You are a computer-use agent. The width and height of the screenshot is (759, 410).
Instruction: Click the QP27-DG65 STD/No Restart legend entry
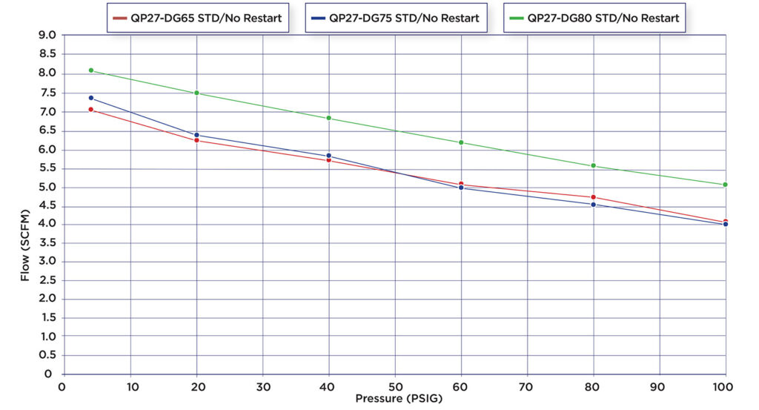pos(196,18)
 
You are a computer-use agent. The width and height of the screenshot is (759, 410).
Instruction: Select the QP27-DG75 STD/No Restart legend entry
pos(395,18)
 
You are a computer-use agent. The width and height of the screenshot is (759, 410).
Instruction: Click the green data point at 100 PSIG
pos(725,185)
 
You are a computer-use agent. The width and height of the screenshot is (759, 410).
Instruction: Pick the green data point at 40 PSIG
pos(328,118)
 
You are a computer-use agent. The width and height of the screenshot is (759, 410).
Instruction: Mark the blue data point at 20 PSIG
pos(196,135)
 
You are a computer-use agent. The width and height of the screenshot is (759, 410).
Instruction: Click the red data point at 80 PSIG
pos(593,197)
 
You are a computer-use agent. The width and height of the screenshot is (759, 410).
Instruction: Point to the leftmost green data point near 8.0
pos(90,70)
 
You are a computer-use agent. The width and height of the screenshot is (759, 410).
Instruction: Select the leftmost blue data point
pos(90,98)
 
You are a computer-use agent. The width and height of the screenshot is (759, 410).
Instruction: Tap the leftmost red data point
pos(90,110)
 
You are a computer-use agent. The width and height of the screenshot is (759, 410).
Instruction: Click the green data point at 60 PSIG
pos(461,142)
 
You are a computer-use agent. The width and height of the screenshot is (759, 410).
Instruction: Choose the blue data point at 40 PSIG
pos(328,156)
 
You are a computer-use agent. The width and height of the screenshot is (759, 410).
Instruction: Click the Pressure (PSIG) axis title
pos(394,399)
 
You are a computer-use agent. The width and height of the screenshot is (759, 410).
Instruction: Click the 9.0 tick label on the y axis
pos(47,35)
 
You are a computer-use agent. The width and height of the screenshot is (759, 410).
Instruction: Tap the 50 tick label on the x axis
pos(394,386)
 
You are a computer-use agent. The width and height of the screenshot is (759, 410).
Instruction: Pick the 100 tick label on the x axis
pos(724,386)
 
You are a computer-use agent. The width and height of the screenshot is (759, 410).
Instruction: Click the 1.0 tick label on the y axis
pos(47,337)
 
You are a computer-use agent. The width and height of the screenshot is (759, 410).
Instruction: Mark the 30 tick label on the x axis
pos(262,386)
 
